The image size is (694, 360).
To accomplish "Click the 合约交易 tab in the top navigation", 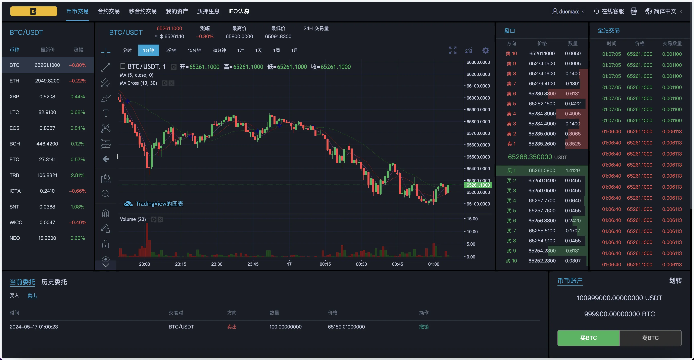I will click(x=109, y=11).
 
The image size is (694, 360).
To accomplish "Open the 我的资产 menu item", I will click(x=177, y=11).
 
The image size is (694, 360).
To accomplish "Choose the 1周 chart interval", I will click(x=276, y=50).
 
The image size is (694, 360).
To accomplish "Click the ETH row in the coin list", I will click(x=47, y=81).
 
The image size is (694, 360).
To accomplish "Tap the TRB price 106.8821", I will click(x=47, y=175).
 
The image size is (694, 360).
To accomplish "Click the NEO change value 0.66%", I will click(x=78, y=238).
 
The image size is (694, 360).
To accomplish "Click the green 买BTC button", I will click(x=588, y=338).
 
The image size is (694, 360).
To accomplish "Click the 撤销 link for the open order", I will click(x=424, y=327).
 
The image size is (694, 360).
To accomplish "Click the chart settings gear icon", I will click(x=486, y=50).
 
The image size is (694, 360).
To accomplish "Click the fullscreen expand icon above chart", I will click(x=452, y=50).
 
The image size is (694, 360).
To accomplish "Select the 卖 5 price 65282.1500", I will click(x=542, y=104).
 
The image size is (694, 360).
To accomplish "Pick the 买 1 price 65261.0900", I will click(x=542, y=170).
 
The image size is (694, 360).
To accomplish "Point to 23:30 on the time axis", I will click(x=217, y=264).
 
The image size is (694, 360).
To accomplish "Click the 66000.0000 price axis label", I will click(x=478, y=98).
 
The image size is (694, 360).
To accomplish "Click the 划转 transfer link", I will click(x=675, y=281).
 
